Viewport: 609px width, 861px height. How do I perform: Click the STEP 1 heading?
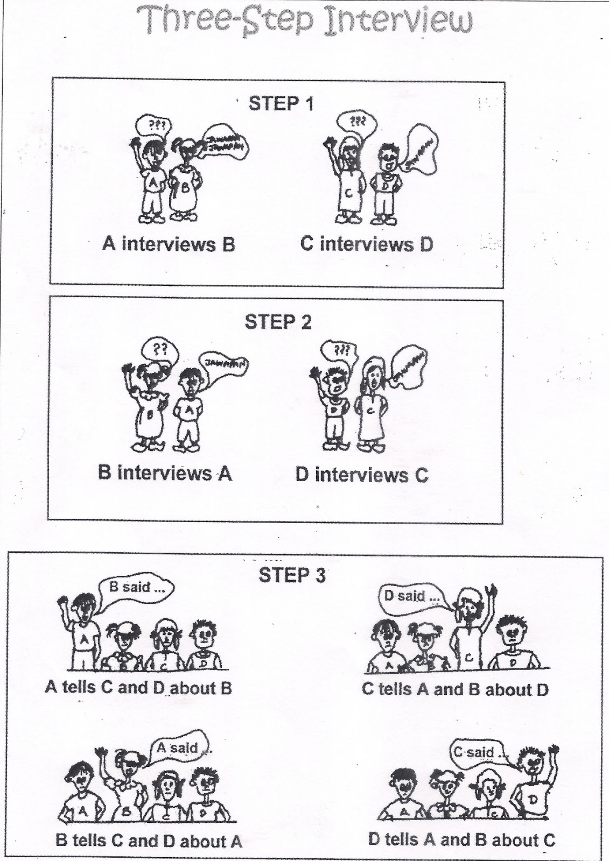click(x=281, y=104)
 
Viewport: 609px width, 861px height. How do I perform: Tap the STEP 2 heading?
click(x=278, y=322)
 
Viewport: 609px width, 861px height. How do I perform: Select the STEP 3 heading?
click(x=292, y=575)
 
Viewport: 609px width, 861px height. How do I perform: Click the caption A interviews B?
click(x=169, y=244)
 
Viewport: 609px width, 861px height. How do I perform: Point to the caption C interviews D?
click(x=367, y=244)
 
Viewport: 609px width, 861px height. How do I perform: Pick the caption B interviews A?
click(x=165, y=473)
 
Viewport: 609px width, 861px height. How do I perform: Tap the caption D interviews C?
click(x=361, y=475)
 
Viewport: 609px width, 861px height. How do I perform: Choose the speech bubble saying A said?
click(x=178, y=749)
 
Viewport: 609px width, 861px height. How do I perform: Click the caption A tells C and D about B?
click(x=138, y=688)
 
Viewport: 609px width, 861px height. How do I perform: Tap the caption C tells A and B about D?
click(x=455, y=689)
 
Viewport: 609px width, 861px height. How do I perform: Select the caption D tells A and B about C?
click(x=461, y=839)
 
